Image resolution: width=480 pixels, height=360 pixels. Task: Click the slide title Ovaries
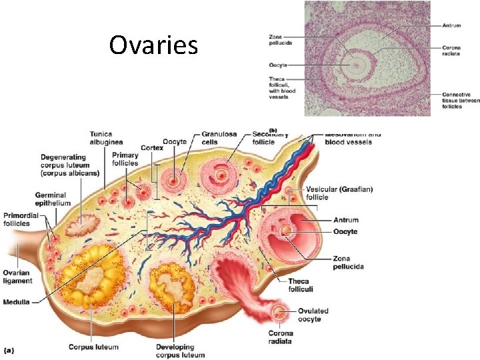pyautogui.click(x=153, y=45)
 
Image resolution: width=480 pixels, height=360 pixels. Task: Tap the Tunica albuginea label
pyautogui.click(x=106, y=137)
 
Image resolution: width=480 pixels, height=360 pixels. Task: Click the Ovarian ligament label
pyautogui.click(x=17, y=277)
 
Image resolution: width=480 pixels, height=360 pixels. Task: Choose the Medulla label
pyautogui.click(x=17, y=302)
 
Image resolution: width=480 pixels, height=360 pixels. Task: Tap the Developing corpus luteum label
pyautogui.click(x=175, y=351)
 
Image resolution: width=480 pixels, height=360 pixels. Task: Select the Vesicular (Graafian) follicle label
pyautogui.click(x=339, y=193)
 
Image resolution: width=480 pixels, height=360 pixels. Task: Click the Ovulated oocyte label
pyautogui.click(x=313, y=315)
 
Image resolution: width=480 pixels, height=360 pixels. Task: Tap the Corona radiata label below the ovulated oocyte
pyautogui.click(x=281, y=337)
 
